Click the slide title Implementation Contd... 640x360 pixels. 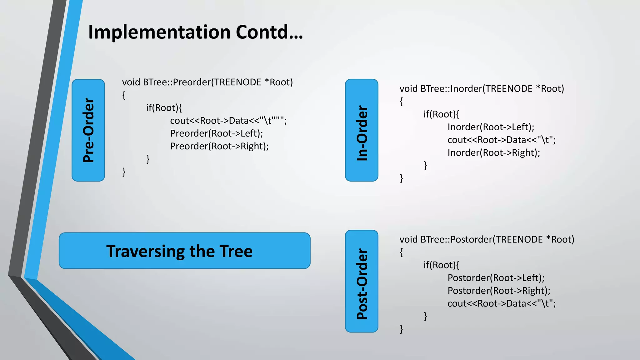coord(195,32)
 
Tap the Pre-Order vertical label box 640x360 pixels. coord(88,130)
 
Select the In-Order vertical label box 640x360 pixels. coord(362,130)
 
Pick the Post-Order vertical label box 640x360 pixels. coord(362,281)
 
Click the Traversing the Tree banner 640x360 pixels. coord(184,251)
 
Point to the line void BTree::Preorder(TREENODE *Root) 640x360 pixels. coord(207,82)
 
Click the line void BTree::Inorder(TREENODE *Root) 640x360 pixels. coord(482,89)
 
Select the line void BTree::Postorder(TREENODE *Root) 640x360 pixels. coord(487,240)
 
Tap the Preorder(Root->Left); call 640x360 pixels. coord(216,133)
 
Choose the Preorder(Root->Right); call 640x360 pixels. coord(219,146)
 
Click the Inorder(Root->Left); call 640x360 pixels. coord(491,127)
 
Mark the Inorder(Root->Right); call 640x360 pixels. coord(493,153)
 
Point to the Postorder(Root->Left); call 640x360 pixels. coord(496,278)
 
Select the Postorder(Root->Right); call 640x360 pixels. coord(498,291)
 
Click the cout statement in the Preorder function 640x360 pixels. coord(228,121)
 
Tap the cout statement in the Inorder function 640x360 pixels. coord(501,140)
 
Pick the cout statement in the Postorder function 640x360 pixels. coord(501,303)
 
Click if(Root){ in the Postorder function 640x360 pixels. coord(441,265)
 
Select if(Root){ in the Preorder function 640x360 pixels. coord(164,108)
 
